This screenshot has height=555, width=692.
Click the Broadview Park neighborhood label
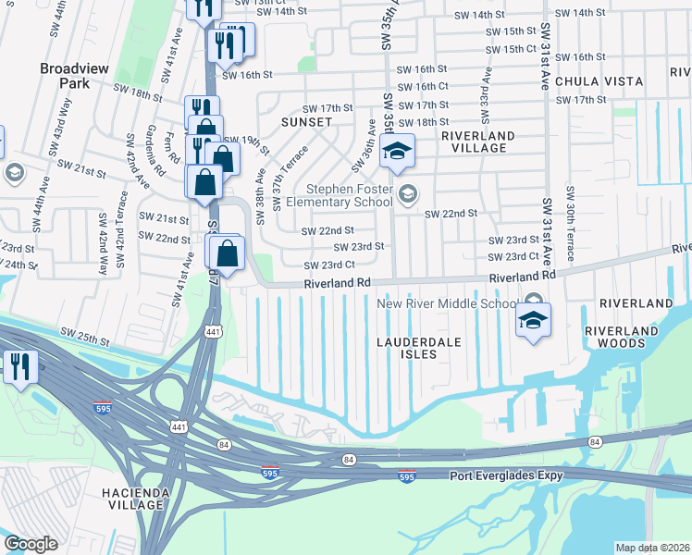pos(65,75)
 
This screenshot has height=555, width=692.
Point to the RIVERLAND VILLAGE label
pos(479,142)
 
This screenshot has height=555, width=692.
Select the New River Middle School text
pos(447,303)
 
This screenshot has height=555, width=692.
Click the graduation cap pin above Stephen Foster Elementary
pos(397,153)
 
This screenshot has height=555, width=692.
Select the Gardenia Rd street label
pos(147,157)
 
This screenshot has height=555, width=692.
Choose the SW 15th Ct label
pos(512,48)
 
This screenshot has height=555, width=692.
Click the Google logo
pos(31,543)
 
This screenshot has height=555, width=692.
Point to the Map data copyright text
pos(652,548)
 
